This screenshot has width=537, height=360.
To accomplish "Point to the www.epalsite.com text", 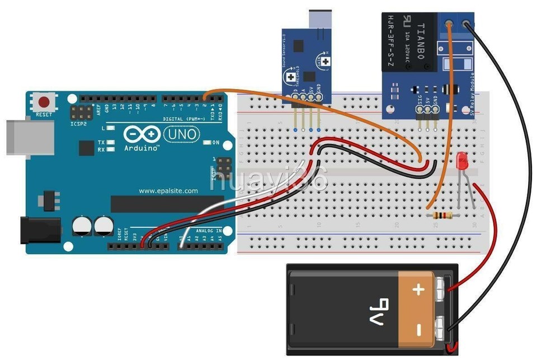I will click(168, 191).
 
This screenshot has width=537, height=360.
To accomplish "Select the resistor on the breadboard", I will click(441, 215).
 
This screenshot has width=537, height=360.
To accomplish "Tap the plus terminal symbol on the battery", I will click(417, 289).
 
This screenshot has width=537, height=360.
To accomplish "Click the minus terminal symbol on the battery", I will click(417, 330).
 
